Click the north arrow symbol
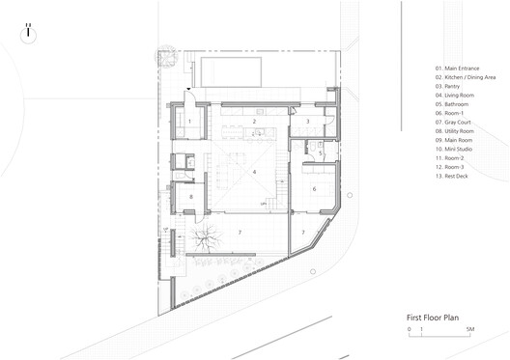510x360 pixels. coord(30,30)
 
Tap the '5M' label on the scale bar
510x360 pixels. coord(468,330)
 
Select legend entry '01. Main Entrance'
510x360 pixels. coord(456,68)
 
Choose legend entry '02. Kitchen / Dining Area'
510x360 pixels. coord(466,77)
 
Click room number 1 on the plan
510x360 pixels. coord(189,121)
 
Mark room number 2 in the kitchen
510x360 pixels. coord(254,122)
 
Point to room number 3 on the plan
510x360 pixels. coord(306,121)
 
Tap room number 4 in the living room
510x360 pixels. coord(254,172)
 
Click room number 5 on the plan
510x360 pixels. coord(321,152)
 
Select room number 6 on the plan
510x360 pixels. coord(315,188)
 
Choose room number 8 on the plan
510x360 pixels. coord(192,197)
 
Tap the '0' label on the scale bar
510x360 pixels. coord(410,330)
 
